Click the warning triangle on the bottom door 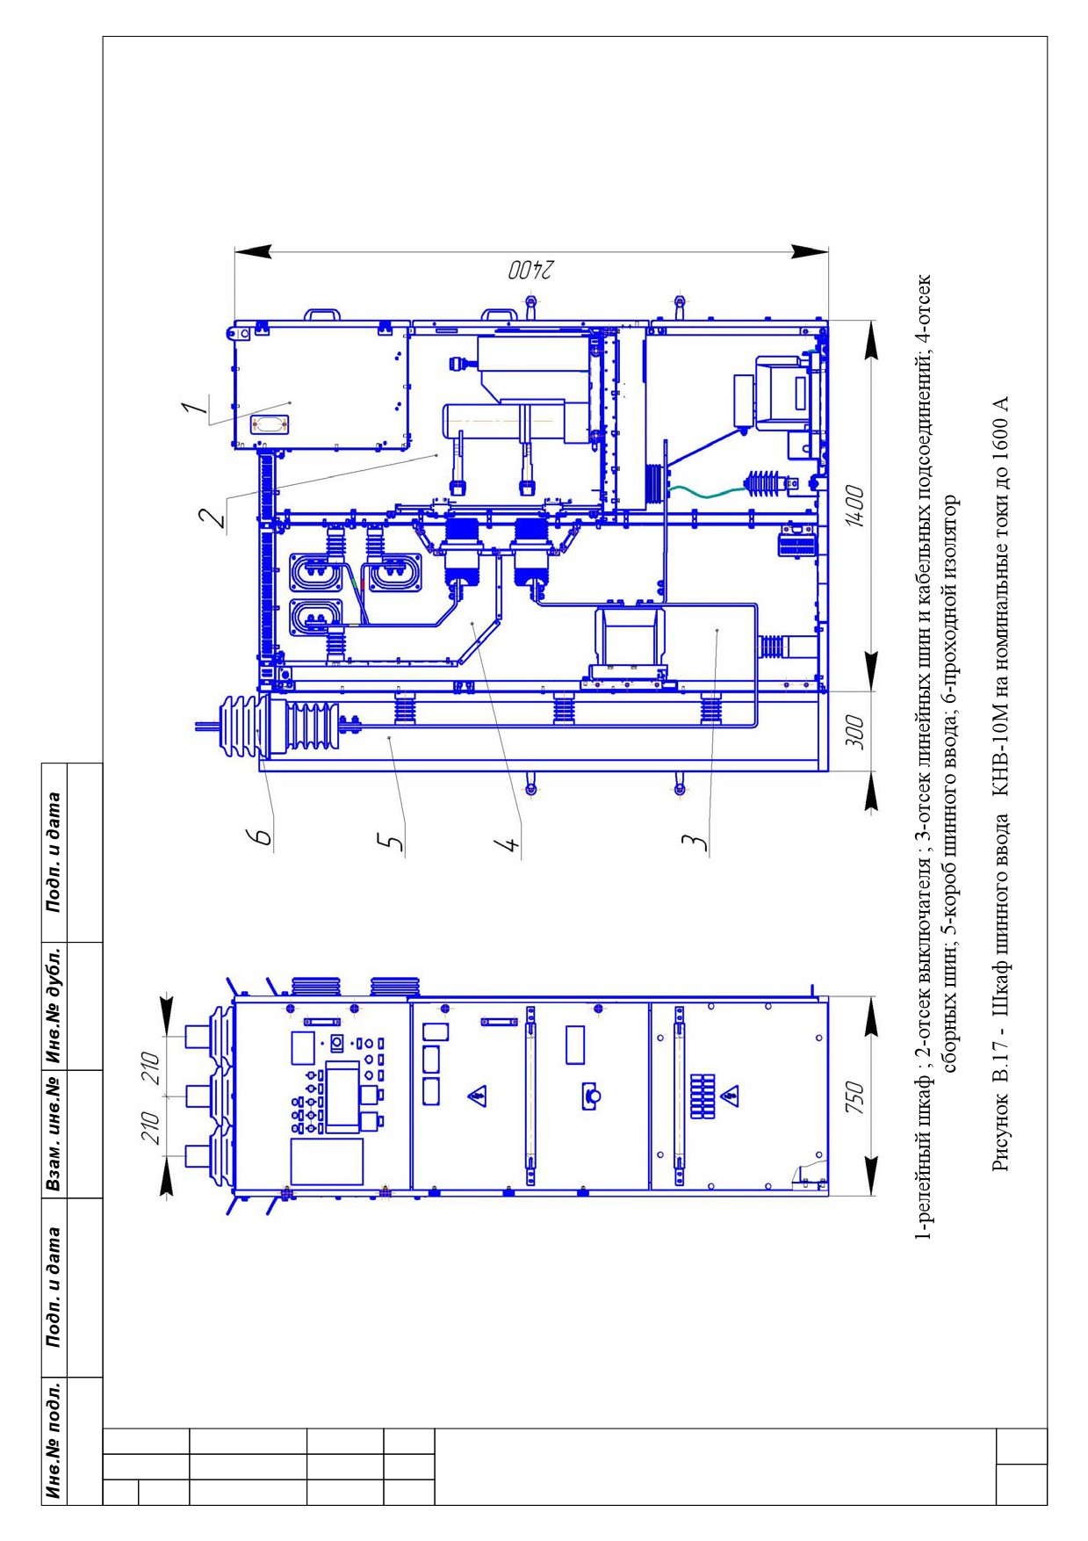(729, 1096)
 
